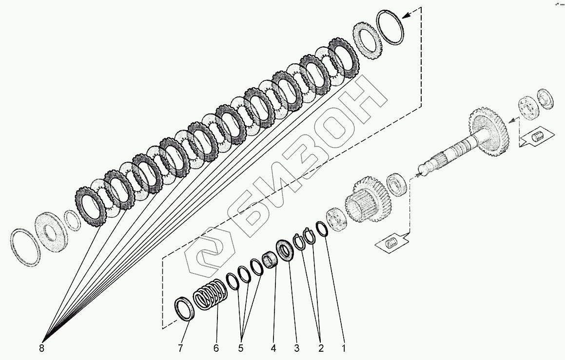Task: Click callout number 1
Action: click(344, 348)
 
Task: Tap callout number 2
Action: click(320, 348)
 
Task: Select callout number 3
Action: click(296, 348)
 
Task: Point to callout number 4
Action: click(273, 348)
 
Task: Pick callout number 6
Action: click(216, 348)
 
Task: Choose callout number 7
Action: click(181, 348)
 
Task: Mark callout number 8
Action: click(41, 348)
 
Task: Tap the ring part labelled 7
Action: click(185, 309)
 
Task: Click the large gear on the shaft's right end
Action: click(489, 131)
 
